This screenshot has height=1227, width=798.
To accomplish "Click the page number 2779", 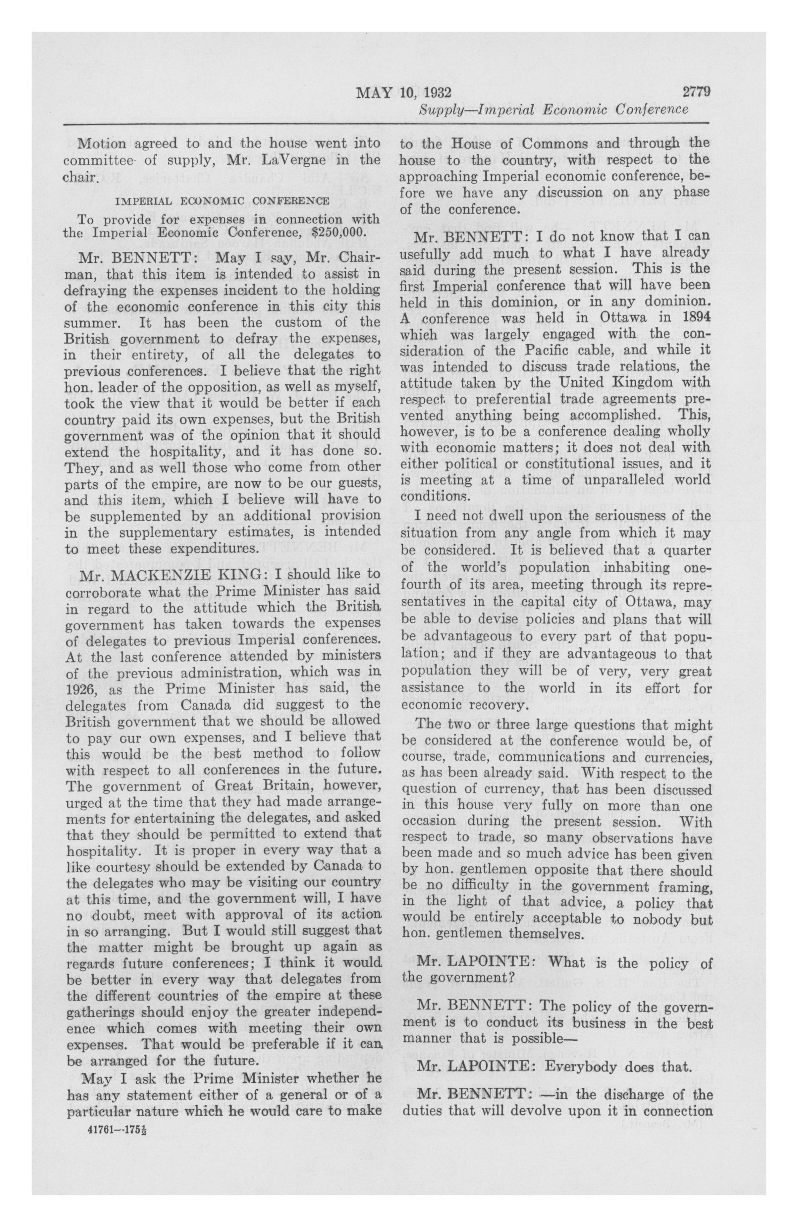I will [696, 92].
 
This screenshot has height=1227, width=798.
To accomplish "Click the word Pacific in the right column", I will [583, 350].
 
